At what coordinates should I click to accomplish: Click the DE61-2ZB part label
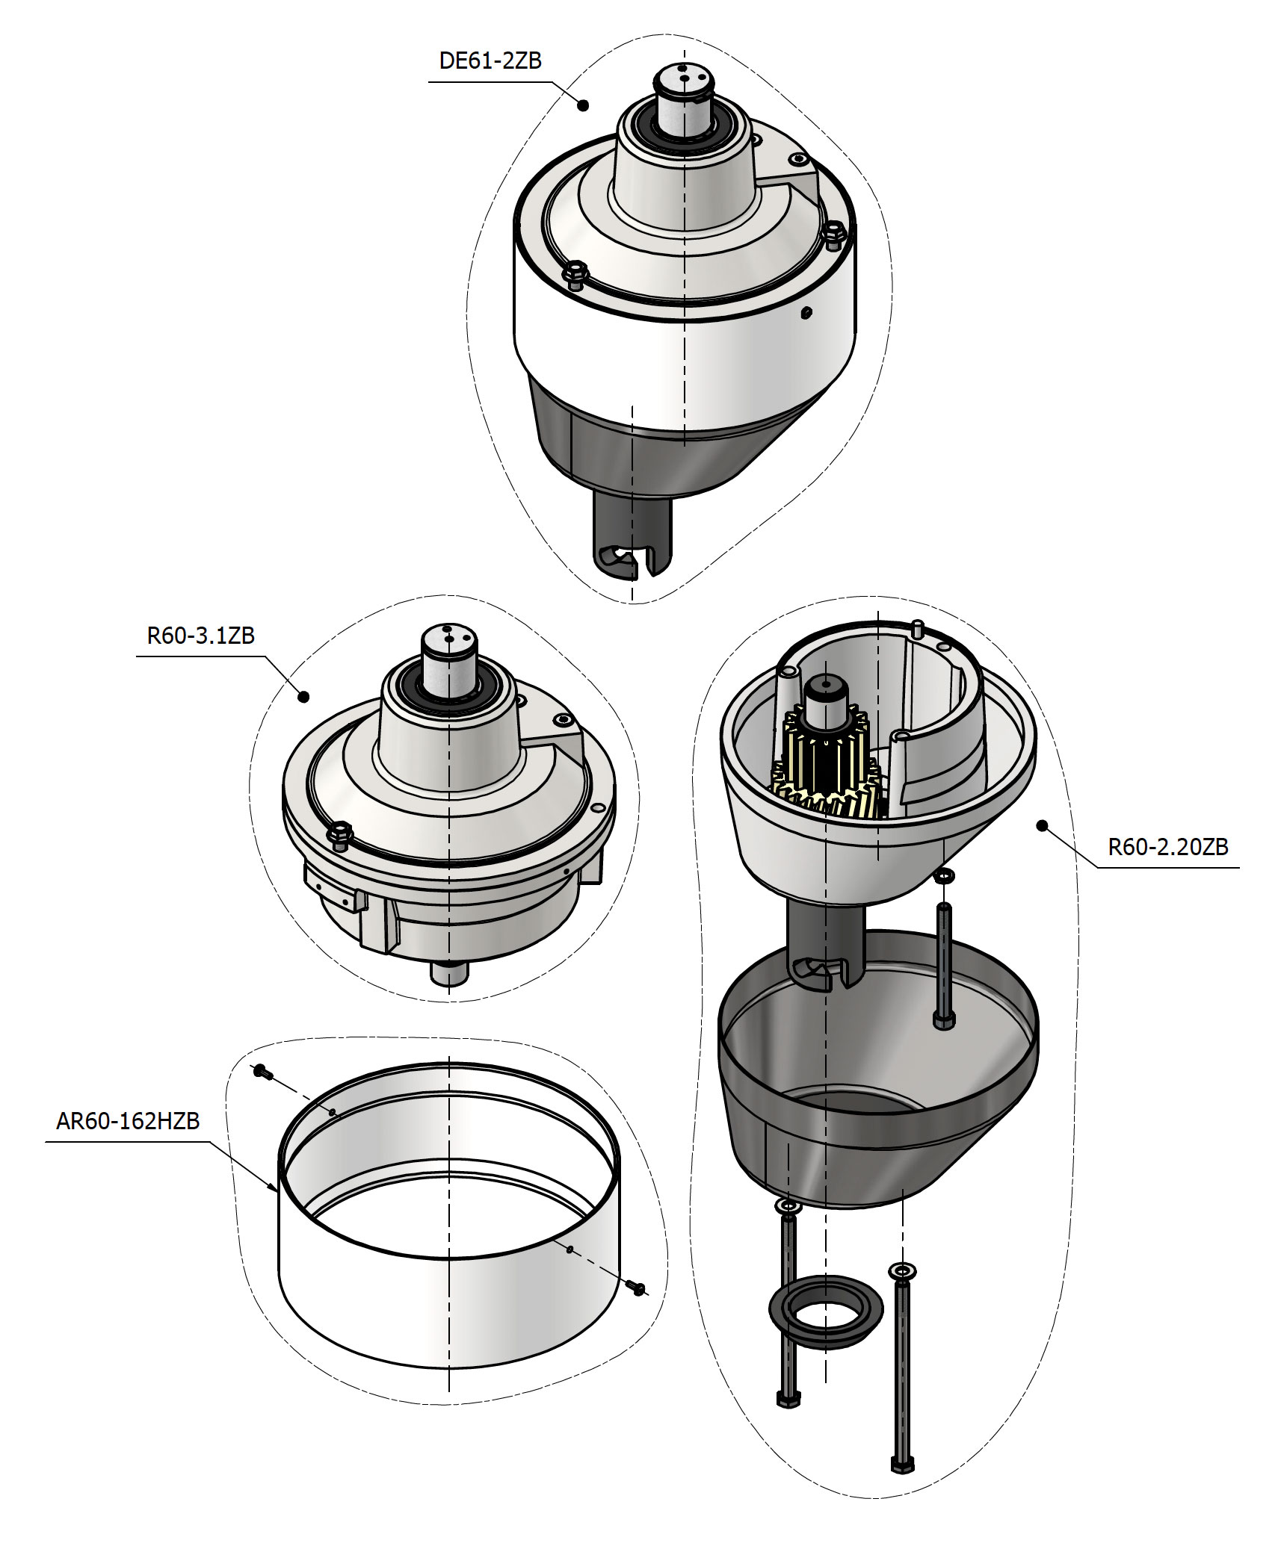coord(490,60)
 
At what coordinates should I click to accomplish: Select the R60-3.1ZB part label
coord(201,636)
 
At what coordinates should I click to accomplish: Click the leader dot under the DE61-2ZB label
coord(584,105)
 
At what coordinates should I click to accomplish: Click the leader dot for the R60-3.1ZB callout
coord(303,696)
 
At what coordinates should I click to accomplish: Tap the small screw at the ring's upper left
coord(260,1072)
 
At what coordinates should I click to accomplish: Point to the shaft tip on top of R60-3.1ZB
coord(448,639)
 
